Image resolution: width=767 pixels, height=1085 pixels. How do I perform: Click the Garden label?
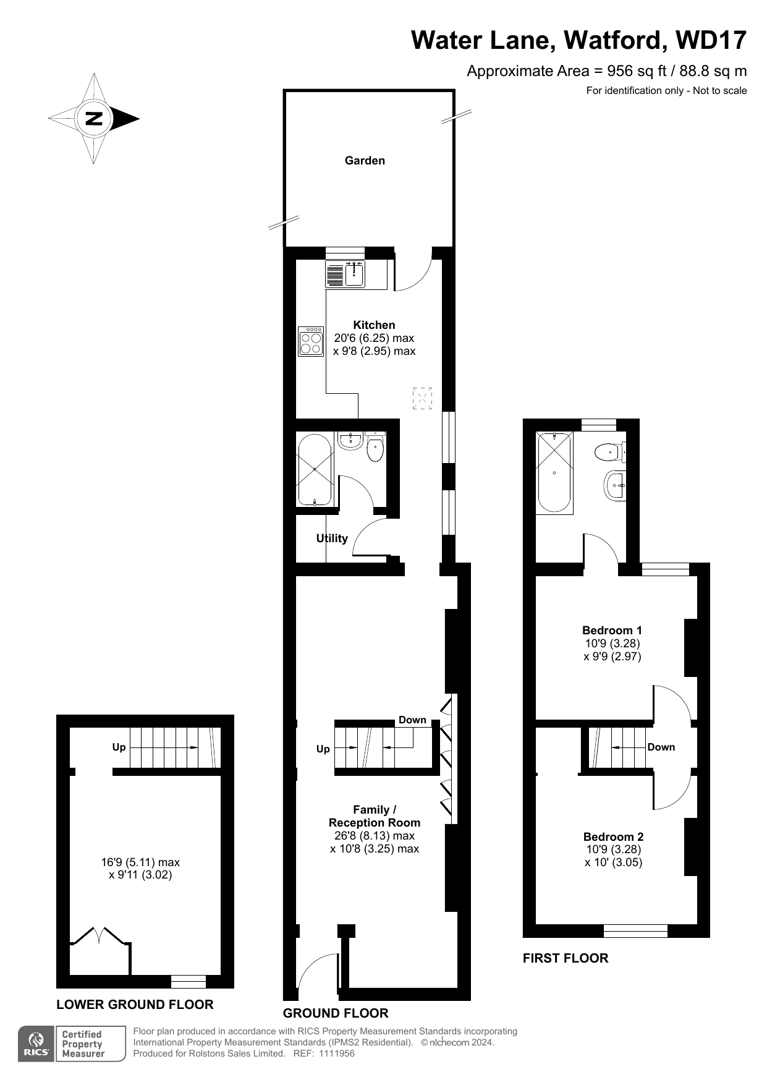click(365, 161)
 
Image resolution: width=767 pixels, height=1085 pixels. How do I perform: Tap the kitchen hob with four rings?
click(311, 341)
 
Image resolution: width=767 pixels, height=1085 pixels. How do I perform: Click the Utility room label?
click(332, 538)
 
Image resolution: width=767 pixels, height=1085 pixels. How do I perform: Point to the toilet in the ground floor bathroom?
click(375, 446)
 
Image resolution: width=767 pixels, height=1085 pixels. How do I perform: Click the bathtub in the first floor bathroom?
click(554, 472)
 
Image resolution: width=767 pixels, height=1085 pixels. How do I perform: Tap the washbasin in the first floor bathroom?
click(615, 485)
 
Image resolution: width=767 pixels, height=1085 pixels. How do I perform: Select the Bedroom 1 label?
click(612, 631)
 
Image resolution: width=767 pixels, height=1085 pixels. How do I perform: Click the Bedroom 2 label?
click(613, 837)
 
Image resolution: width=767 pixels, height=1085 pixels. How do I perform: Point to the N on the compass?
click(94, 118)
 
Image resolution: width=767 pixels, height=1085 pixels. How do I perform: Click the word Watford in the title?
click(615, 41)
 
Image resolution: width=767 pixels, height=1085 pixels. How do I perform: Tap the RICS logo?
click(37, 1045)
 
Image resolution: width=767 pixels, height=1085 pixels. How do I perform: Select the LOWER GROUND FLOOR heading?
click(135, 1005)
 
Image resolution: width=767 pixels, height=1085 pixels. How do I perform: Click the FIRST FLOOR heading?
click(566, 958)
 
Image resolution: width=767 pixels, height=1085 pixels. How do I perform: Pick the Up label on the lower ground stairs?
click(119, 747)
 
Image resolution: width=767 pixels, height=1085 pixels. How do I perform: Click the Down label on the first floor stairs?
click(661, 747)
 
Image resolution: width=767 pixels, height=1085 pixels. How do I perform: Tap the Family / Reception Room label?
click(375, 816)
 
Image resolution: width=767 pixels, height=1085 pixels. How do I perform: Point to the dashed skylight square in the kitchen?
click(422, 398)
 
